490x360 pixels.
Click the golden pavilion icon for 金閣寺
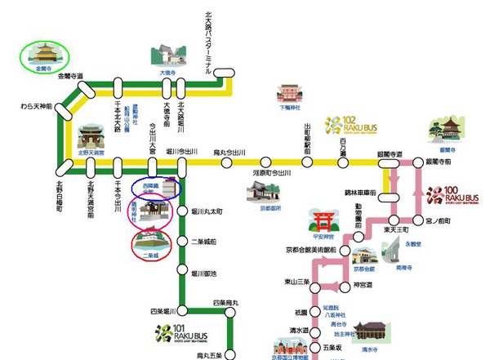point(44,56)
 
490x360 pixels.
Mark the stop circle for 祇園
point(301,312)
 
